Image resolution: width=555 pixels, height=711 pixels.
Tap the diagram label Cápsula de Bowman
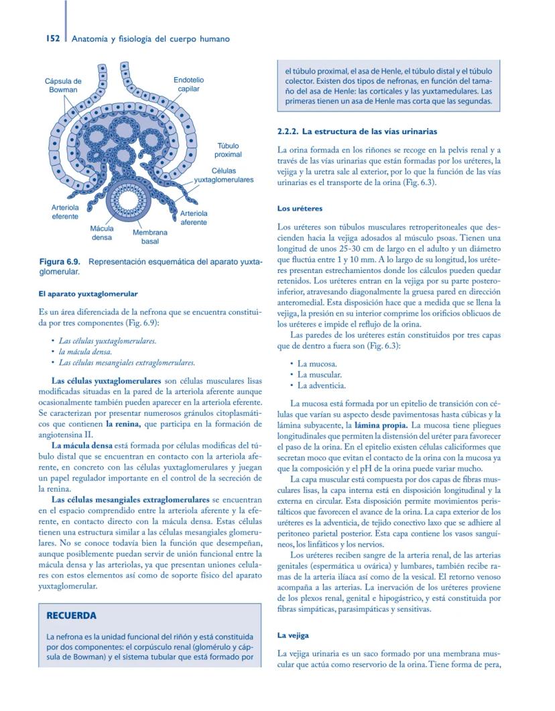coord(63,85)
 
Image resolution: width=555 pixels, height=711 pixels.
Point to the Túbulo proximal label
coord(228,150)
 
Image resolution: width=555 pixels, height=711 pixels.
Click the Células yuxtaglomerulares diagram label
coord(223,176)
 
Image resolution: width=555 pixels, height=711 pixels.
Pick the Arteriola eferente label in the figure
coord(65,212)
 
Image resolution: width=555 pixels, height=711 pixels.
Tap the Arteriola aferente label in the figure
coord(194,217)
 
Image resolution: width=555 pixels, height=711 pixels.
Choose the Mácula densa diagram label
coord(102,233)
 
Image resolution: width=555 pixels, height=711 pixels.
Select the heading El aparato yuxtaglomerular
coord(88,294)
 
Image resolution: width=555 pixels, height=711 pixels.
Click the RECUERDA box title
coord(71,616)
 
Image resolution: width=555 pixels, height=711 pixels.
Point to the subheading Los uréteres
coord(300,209)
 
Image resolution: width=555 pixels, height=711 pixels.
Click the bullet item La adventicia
coord(321,386)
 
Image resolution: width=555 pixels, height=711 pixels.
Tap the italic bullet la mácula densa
coord(85,351)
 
